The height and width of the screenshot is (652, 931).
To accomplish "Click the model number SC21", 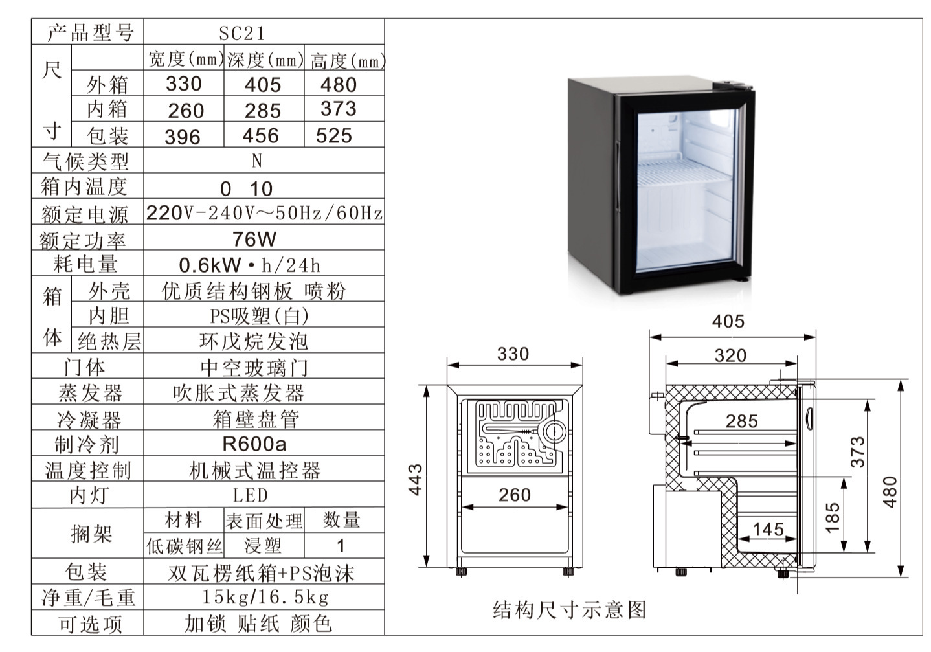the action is coord(242,34).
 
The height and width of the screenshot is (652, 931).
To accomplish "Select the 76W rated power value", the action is coord(254,240).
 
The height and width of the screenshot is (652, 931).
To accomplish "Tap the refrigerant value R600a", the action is coord(254,444).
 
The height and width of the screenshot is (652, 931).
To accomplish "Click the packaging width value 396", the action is coord(183,137).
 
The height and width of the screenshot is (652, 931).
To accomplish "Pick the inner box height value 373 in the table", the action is coord(339,109).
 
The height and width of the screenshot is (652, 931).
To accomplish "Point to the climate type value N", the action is coord(257,161).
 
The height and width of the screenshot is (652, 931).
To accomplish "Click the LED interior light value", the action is coord(250,495).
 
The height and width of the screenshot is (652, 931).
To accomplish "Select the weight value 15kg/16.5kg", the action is coord(265,597).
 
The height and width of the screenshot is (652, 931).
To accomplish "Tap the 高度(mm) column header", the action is coord(348,62).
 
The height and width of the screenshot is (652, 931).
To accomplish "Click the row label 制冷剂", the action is coord(87,444).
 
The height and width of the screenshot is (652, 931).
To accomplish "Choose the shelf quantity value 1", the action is coord(341,546).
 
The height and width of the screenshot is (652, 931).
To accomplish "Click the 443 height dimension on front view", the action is coord(415,480).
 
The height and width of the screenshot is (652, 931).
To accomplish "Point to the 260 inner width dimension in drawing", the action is coord(515,495).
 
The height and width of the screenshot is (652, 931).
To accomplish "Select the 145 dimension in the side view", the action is coord(768,530).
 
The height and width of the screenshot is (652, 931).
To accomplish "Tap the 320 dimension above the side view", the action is coord(730,355).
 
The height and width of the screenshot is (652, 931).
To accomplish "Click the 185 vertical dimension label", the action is coord(833,518).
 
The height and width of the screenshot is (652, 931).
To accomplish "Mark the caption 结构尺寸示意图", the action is coord(569,610).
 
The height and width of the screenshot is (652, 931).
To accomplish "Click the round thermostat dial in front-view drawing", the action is coord(554,433).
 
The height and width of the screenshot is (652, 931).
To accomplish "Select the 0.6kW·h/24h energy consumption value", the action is coord(249,265).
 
